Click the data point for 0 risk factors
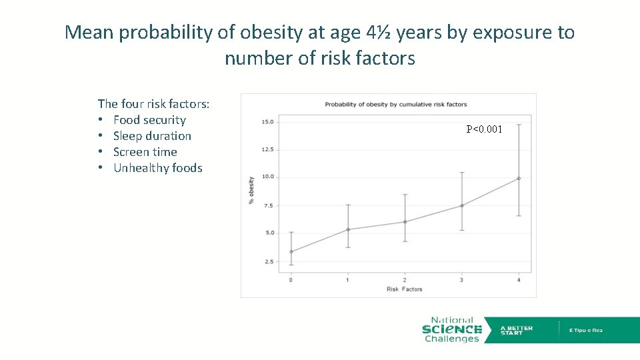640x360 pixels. click(x=291, y=251)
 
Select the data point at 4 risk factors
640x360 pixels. click(x=519, y=178)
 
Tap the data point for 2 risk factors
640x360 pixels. click(x=405, y=222)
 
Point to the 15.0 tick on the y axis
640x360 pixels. click(x=267, y=122)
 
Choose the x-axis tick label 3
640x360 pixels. click(x=461, y=280)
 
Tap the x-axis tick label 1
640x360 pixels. click(x=347, y=280)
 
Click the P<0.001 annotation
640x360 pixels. click(x=484, y=129)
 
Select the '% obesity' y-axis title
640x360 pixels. click(x=251, y=191)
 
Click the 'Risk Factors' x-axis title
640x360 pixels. click(x=404, y=289)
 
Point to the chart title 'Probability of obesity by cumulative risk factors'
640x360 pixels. click(x=395, y=105)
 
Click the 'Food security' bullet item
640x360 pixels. click(x=149, y=120)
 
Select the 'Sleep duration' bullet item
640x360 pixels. click(x=152, y=136)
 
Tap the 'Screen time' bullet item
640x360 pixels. click(x=145, y=152)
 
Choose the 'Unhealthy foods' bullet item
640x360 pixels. click(x=158, y=168)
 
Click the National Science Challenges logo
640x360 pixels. click(x=452, y=329)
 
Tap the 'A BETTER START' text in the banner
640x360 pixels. click(x=517, y=330)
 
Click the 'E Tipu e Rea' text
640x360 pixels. click(x=585, y=330)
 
